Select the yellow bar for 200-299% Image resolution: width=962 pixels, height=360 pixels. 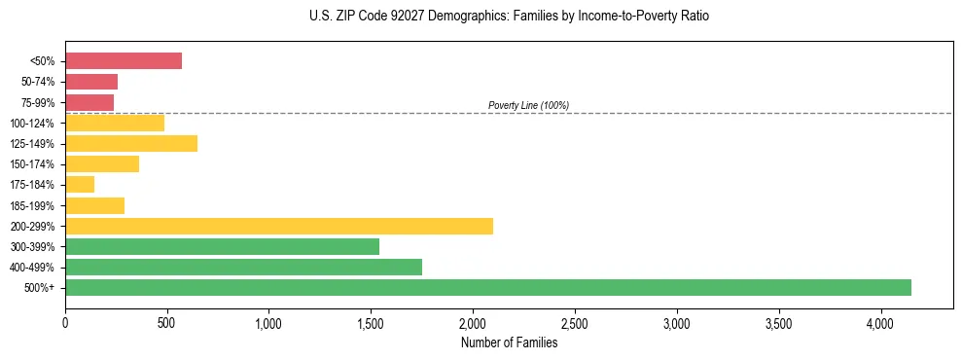[279, 226]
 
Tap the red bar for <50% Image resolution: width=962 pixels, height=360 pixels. [124, 61]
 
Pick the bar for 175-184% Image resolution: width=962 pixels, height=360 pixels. [80, 185]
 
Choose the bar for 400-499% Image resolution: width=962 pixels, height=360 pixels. [243, 267]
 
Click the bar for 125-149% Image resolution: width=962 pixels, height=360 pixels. [131, 143]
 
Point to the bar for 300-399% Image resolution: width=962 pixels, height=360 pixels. [222, 246]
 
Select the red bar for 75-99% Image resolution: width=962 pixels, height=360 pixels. [89, 102]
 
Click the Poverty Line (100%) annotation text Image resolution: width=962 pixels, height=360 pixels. [528, 105]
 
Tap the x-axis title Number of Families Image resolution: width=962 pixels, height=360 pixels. [509, 342]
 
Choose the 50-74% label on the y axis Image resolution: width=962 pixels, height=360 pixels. [41, 82]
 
